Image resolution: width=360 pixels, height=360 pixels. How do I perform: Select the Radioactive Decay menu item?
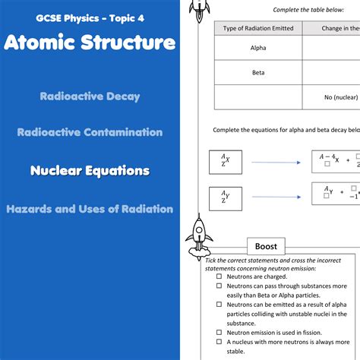(90, 96)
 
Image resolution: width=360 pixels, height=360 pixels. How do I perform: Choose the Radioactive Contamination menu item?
(90, 132)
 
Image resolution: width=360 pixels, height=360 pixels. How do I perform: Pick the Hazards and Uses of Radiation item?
(90, 208)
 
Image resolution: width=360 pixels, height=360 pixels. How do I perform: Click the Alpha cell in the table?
(258, 48)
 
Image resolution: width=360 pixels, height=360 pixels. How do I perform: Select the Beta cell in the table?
(258, 73)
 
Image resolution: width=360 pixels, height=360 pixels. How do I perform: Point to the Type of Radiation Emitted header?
(258, 28)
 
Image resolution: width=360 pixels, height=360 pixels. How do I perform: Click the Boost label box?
(266, 246)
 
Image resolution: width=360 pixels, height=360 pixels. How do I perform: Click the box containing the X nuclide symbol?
(225, 162)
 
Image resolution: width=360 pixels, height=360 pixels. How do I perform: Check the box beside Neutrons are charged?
(219, 277)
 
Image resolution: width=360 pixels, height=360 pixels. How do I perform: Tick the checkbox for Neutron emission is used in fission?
(219, 332)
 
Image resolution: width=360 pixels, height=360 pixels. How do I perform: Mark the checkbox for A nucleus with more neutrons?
(219, 343)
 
